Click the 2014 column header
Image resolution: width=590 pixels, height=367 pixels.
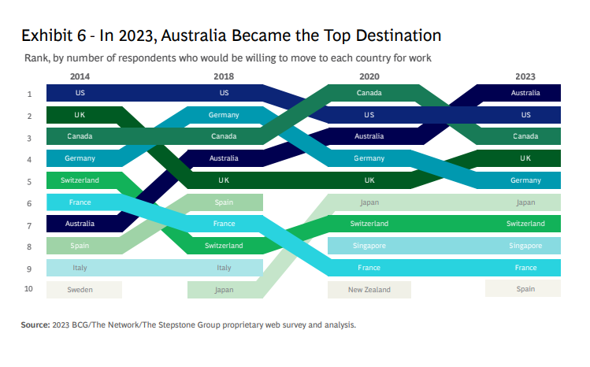(x=80, y=76)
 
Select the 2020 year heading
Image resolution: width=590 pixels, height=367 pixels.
(x=369, y=76)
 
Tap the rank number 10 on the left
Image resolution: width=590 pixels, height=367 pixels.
(x=28, y=289)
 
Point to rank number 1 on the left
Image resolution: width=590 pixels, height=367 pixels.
(x=29, y=94)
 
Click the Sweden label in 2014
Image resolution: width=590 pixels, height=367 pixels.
(x=80, y=290)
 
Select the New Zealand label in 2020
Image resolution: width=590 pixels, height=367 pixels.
(x=369, y=290)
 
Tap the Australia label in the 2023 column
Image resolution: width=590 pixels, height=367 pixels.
(x=525, y=93)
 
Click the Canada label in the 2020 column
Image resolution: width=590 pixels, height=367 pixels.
(x=369, y=93)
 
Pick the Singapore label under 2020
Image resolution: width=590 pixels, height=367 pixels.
(x=369, y=246)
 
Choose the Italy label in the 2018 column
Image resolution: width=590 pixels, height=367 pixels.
(x=224, y=268)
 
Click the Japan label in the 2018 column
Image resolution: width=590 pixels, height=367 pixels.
(x=224, y=290)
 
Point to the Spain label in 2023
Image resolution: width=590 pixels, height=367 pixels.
(x=525, y=289)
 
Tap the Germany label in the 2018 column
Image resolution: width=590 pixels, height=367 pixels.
(x=224, y=115)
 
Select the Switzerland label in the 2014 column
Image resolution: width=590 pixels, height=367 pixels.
(x=80, y=180)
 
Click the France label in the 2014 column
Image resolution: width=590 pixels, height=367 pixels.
(x=80, y=202)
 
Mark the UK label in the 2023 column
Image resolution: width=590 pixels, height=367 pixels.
(x=525, y=158)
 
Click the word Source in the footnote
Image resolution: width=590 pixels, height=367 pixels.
(x=35, y=324)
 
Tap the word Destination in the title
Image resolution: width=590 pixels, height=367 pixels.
(x=399, y=35)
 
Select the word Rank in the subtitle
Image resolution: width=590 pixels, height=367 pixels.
(x=37, y=58)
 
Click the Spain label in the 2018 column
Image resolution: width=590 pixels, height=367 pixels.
(x=224, y=202)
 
